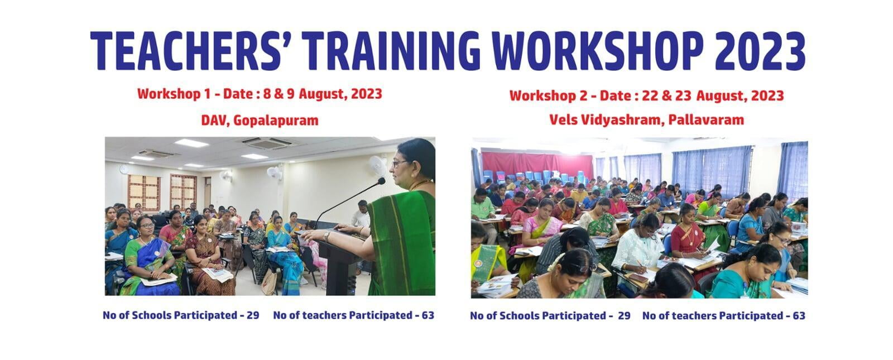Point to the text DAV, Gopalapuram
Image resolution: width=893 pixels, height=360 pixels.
pos(260,121)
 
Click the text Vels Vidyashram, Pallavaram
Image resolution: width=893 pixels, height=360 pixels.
pos(646,119)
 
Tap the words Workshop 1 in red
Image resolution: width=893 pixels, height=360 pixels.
pos(174,94)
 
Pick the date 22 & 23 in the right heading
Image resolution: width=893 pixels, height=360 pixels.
pos(669,96)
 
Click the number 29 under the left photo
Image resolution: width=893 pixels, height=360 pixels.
pos(253,315)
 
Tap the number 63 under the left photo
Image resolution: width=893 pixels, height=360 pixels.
pos(428,315)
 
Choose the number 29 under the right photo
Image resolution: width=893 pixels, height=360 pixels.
pos(624,316)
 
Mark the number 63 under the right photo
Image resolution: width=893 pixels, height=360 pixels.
pos(799,316)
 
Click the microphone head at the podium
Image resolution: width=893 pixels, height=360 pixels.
pos(381,181)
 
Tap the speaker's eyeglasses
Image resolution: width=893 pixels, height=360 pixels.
pos(400,162)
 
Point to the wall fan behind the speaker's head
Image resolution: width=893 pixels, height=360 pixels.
pos(377,165)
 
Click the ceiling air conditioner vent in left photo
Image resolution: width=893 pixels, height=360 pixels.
pos(267,142)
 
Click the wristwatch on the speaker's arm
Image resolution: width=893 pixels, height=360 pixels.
pos(327,237)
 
